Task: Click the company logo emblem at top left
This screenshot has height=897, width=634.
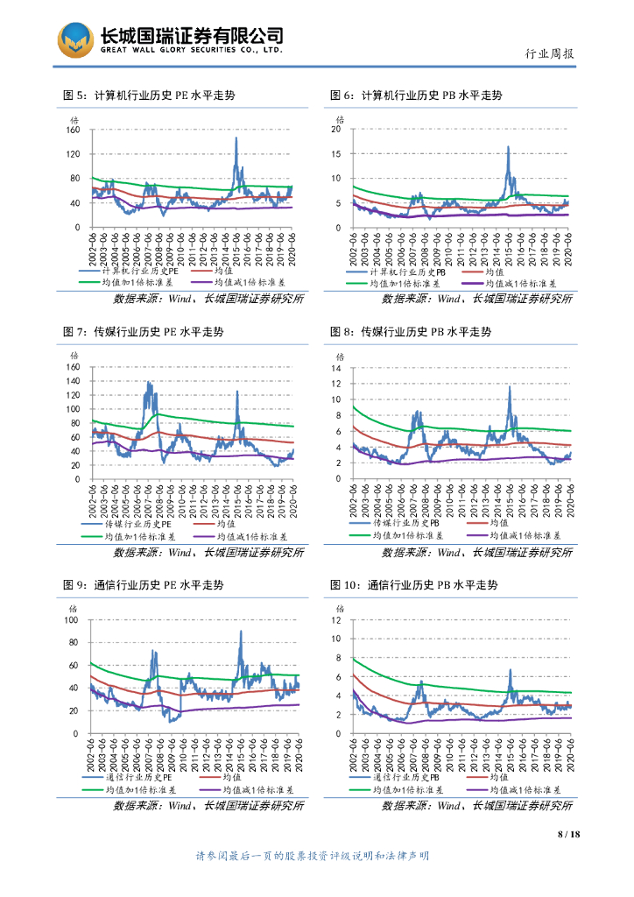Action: point(75,39)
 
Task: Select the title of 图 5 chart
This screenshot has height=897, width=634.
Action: point(149,95)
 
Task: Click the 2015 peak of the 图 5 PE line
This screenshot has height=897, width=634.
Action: point(236,138)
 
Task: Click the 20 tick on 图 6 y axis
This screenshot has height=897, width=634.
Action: point(335,130)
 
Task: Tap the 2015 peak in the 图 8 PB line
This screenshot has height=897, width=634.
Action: point(510,386)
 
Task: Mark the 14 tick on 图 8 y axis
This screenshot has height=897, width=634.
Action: point(335,368)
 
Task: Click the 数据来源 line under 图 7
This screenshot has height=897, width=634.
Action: point(208,553)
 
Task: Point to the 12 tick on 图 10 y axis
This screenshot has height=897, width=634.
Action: point(335,620)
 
